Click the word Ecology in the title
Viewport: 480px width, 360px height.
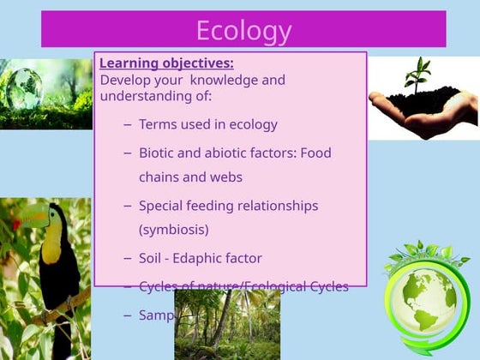coord(243,30)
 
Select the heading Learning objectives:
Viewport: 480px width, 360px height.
coord(166,63)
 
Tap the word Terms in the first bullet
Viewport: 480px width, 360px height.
coord(157,124)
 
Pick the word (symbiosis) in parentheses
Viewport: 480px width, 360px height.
coord(173,230)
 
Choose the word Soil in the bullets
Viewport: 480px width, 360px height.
coord(152,258)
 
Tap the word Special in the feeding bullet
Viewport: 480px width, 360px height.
coord(162,206)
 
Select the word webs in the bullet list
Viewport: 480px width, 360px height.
coord(227,177)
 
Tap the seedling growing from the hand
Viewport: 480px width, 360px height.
coord(418,75)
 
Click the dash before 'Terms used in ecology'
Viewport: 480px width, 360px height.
coord(128,124)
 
